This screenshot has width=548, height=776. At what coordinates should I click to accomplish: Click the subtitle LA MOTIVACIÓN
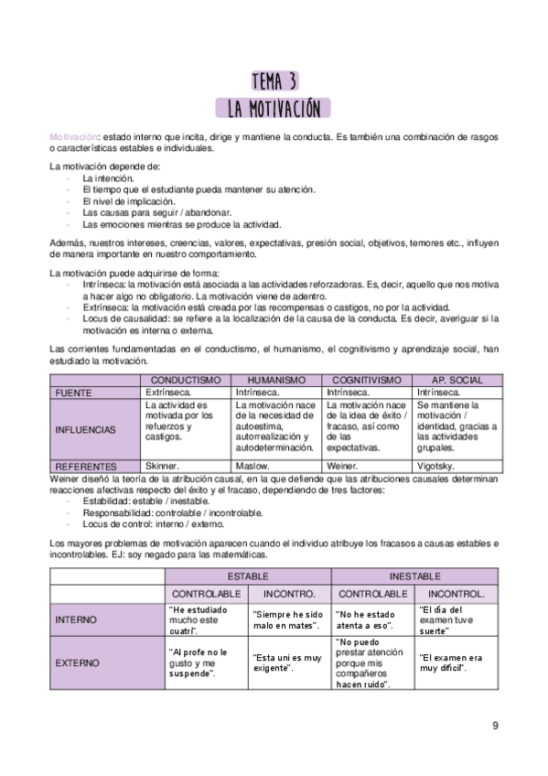point(274,109)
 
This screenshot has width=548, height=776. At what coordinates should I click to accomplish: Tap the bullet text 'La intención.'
point(108,178)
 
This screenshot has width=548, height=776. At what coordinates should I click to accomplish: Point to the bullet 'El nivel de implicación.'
point(131,200)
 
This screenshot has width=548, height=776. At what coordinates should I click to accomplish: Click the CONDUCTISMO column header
point(186,379)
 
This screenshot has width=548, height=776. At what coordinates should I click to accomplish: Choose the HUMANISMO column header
point(276,379)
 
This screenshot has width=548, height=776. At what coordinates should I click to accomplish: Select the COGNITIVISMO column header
point(366,379)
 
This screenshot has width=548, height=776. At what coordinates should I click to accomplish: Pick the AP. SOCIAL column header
point(455,379)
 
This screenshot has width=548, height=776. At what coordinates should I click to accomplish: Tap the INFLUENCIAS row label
point(86,428)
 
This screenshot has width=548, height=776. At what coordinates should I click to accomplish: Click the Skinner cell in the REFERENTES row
point(165,465)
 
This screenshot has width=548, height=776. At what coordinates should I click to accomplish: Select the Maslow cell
point(253,465)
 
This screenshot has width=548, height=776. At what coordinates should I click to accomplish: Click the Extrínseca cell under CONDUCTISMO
point(173,392)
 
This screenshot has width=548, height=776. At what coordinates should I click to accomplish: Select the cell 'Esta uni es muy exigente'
point(287,663)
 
